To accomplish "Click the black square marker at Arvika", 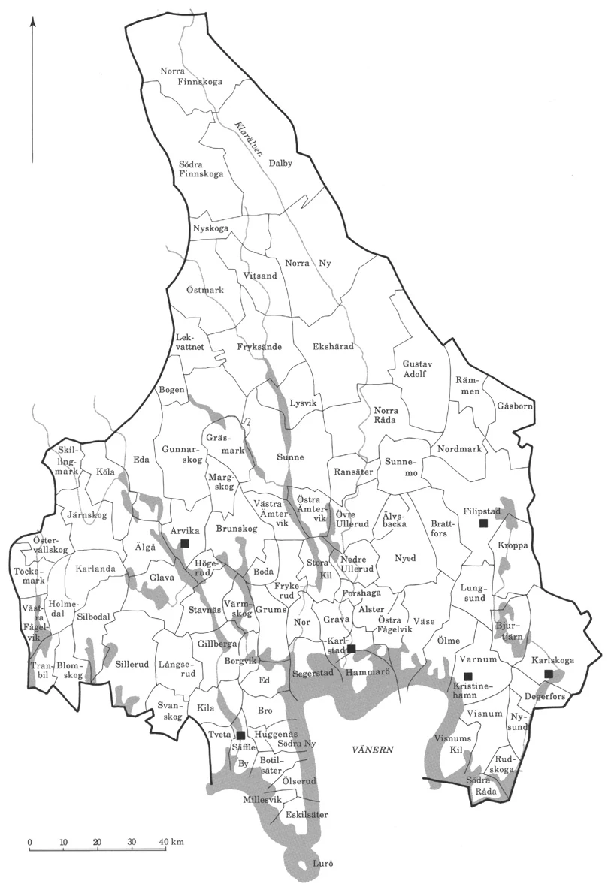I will (185, 542).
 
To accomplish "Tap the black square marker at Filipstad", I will (484, 522).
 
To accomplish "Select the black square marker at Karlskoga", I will (549, 674).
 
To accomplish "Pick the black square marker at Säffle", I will (240, 735).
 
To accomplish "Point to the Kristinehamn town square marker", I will (467, 676).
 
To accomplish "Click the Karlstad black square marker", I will (351, 649).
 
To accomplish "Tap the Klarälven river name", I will (247, 140).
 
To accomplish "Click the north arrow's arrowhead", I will (33, 26).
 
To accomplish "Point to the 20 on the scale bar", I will (97, 840).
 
